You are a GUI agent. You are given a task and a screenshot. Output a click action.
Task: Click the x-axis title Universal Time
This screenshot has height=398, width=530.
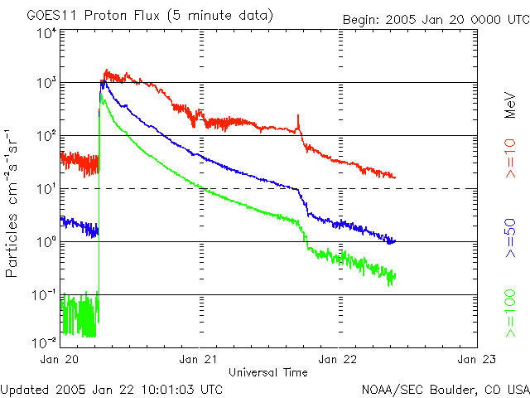tap(268, 371)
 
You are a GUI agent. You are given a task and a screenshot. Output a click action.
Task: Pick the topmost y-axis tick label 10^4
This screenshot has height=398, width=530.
tap(46, 33)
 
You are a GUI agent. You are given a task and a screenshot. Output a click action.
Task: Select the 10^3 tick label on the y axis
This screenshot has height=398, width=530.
tap(46, 83)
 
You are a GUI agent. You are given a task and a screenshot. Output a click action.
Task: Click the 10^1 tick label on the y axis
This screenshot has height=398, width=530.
tap(46, 189)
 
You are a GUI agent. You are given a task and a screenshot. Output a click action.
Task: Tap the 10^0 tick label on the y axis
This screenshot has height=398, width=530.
tap(46, 242)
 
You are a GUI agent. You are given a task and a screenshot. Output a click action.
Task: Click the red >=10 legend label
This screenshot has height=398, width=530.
tap(512, 163)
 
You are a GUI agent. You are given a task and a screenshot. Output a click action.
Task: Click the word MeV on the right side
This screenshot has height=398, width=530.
tap(511, 104)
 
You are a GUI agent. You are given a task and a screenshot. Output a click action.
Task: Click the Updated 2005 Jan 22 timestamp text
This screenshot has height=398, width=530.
tap(112, 388)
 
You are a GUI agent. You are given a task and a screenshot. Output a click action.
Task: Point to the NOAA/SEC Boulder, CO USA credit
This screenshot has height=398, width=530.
tap(446, 388)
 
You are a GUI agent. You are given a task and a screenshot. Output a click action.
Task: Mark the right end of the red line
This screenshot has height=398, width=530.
tap(395, 177)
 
